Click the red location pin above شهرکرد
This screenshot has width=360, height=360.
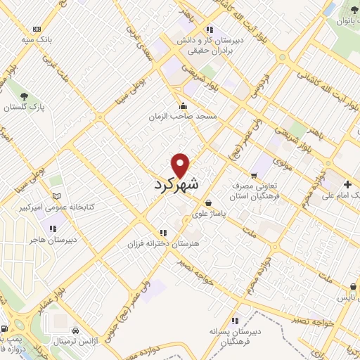point(181,165)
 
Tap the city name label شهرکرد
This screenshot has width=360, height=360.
point(176,184)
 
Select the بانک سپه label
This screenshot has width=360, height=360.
point(36,40)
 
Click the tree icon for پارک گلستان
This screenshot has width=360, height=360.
point(25,95)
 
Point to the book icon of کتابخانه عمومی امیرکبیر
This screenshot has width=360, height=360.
point(56,196)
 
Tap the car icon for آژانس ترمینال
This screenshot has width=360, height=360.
point(75,330)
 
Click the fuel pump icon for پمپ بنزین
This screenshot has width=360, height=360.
point(6,329)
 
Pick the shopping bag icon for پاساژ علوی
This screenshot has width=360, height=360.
point(208,203)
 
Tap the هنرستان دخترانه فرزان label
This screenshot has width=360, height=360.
point(163,243)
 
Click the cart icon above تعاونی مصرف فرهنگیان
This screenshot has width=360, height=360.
point(254,176)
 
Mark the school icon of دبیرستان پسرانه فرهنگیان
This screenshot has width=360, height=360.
point(235,320)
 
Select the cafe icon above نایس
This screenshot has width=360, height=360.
point(352,287)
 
